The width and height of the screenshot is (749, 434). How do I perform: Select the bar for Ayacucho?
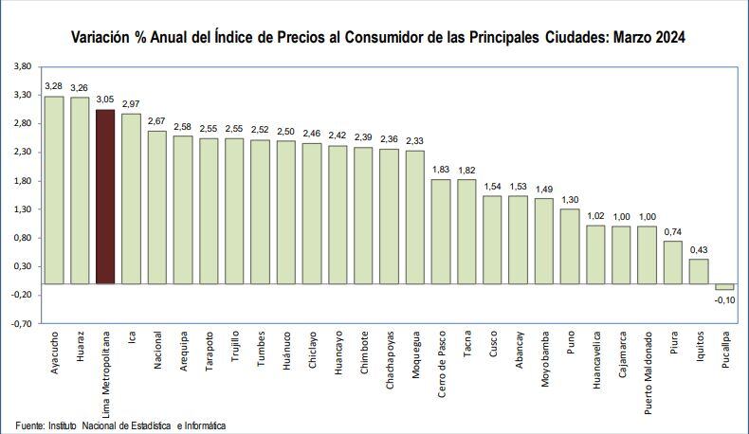pos(54,190)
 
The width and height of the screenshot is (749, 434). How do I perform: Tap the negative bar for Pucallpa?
pos(724,287)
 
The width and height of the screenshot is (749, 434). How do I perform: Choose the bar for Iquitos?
pos(699,271)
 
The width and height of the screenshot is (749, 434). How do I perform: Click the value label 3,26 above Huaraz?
pos(80,88)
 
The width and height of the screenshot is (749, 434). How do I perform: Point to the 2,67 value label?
pos(157,121)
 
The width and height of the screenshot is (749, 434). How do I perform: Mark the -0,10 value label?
pos(724,300)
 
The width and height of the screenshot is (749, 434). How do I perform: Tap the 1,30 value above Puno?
pos(570,200)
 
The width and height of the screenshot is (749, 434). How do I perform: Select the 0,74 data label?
pos(673,232)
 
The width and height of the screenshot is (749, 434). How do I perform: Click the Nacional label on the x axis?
pos(157,351)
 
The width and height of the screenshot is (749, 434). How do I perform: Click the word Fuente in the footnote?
pos(30,425)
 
